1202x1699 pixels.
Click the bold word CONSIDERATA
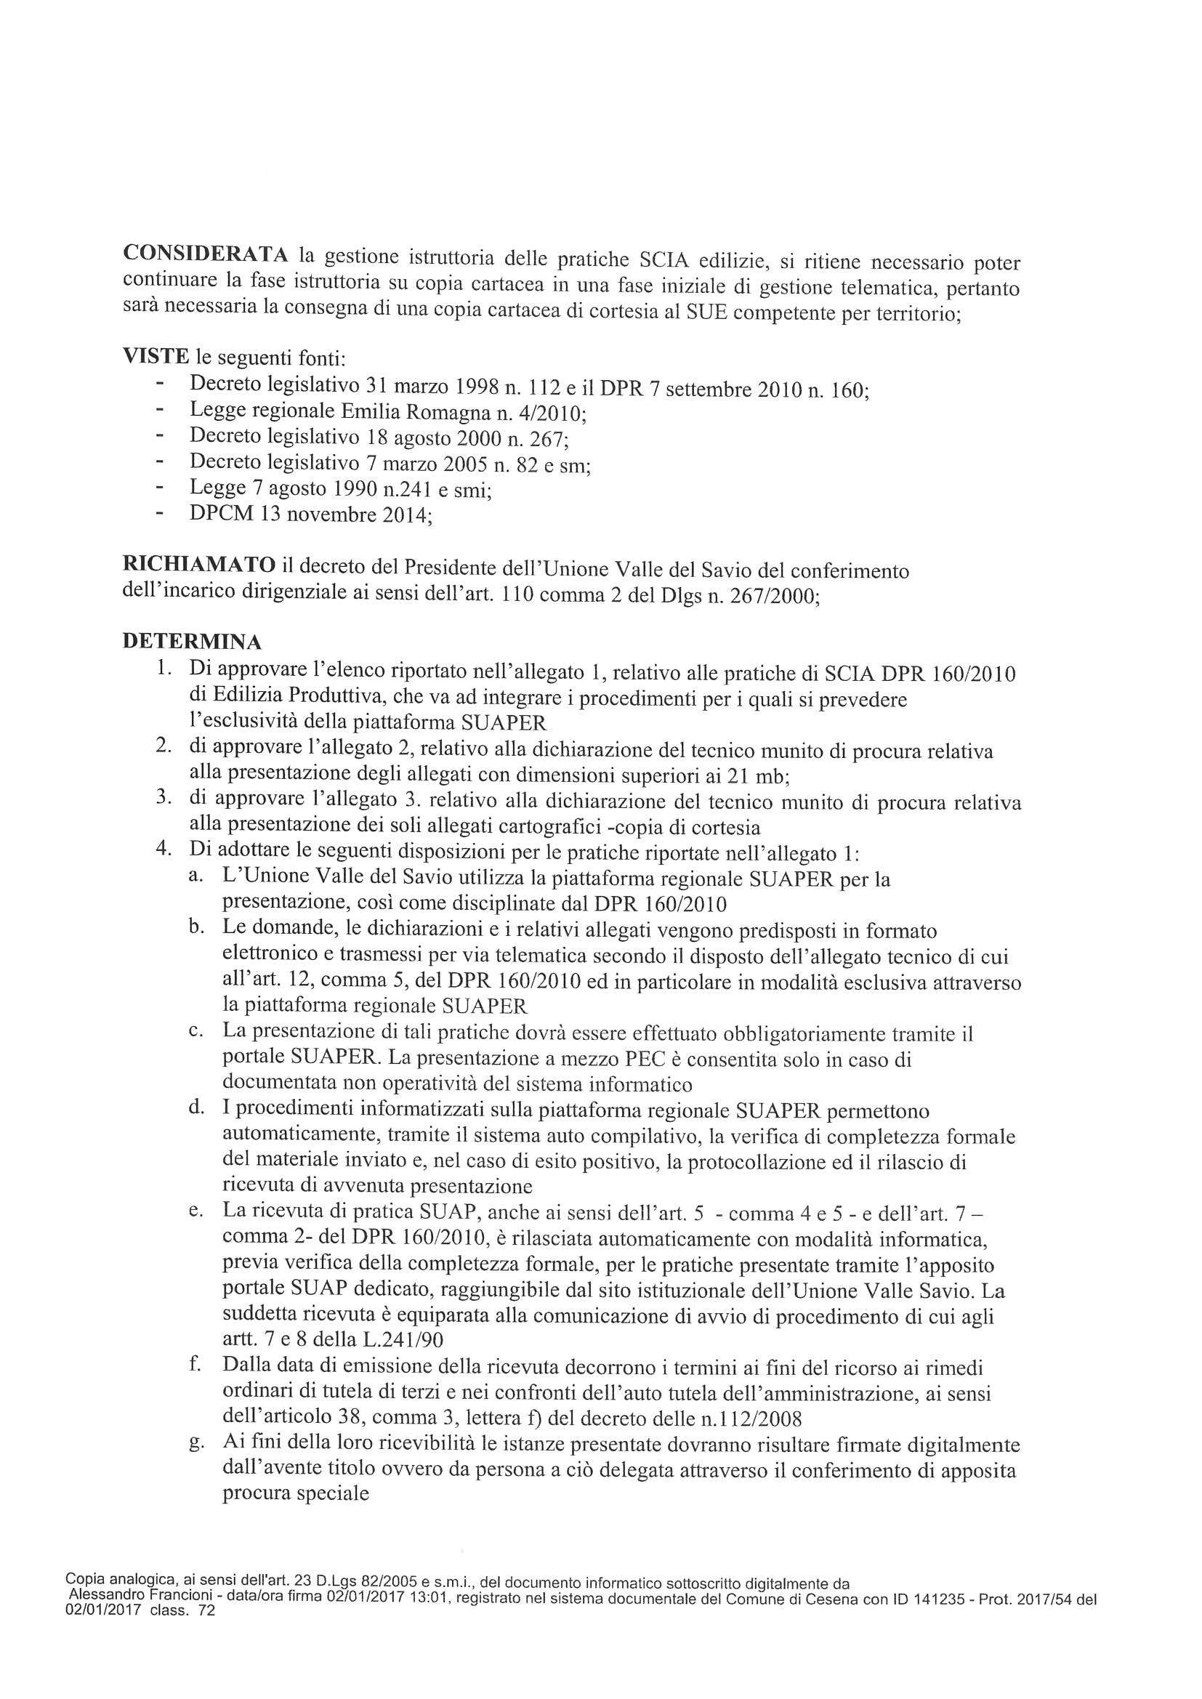tap(205, 253)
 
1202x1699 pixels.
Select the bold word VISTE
tap(155, 357)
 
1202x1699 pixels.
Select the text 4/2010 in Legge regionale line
tap(557, 412)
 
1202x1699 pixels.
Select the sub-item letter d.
tap(196, 1108)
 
